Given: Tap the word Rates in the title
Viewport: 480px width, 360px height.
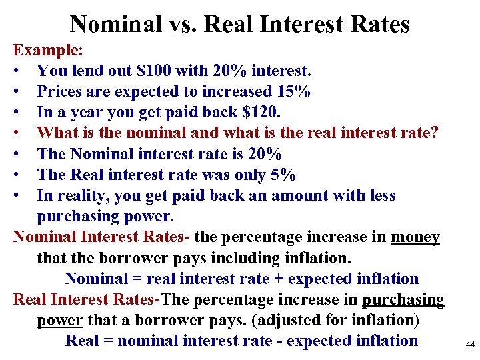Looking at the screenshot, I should coord(378,25).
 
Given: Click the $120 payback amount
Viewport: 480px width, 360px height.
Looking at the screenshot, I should coord(211,112).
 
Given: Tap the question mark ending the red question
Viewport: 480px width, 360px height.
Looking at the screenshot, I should coord(435,133).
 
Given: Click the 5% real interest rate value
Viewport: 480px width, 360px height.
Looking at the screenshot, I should coord(285,175).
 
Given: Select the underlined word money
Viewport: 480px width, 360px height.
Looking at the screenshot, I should coord(415,237).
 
